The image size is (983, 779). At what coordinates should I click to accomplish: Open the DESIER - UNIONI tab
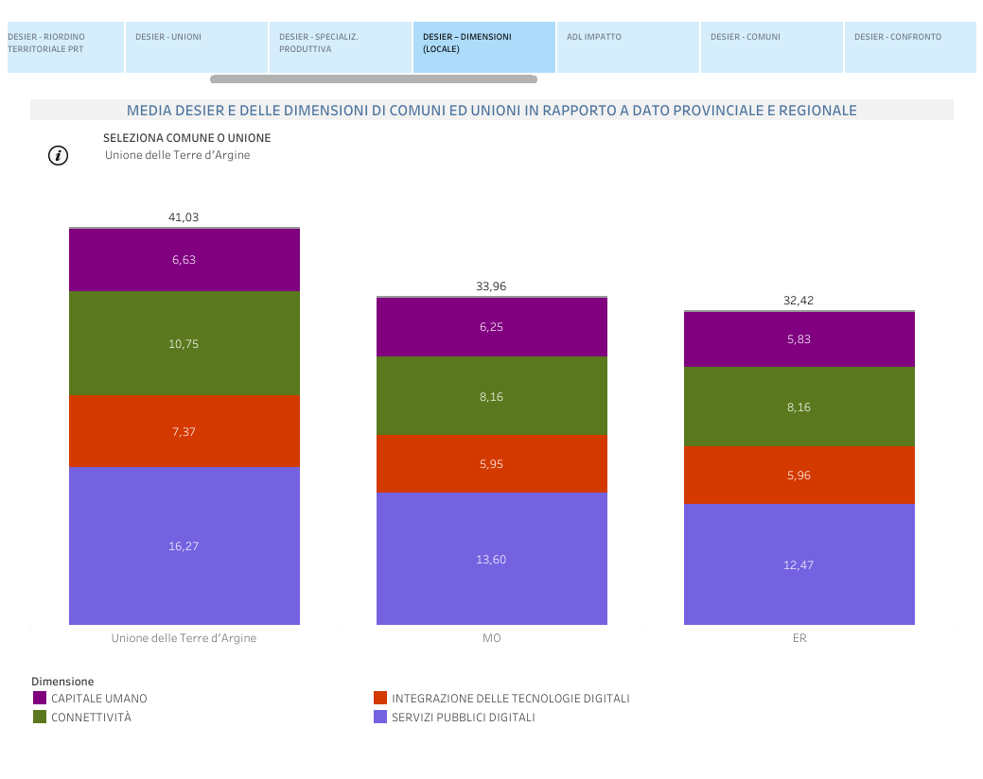[x=197, y=47]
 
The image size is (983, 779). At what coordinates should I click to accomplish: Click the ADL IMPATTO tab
[x=627, y=47]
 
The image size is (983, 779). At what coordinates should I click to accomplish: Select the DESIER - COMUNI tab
[x=771, y=47]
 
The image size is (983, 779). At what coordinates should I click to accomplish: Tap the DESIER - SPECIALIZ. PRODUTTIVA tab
[x=340, y=47]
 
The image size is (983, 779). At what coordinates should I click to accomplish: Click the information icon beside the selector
[x=59, y=156]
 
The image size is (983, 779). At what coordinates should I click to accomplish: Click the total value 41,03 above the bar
[x=184, y=217]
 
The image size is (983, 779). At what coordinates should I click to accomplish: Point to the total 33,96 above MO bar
[x=491, y=286]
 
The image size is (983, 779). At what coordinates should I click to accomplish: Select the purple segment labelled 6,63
[x=184, y=260]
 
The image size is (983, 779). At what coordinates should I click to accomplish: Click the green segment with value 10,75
[x=184, y=343]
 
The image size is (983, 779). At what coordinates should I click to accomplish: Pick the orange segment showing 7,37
[x=184, y=431]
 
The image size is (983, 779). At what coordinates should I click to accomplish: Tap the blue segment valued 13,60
[x=491, y=559]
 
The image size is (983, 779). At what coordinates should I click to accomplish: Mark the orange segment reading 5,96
[x=799, y=475]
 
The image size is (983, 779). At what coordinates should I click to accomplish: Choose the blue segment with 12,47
[x=799, y=564]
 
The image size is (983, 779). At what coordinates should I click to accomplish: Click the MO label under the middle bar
[x=491, y=638]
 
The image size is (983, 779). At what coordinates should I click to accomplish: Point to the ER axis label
[x=799, y=638]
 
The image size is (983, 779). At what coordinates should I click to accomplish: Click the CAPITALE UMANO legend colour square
[x=40, y=699]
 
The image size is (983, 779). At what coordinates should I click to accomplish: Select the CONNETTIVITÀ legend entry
[x=91, y=718]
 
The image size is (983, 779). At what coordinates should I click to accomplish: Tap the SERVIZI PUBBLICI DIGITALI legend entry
[x=463, y=718]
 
